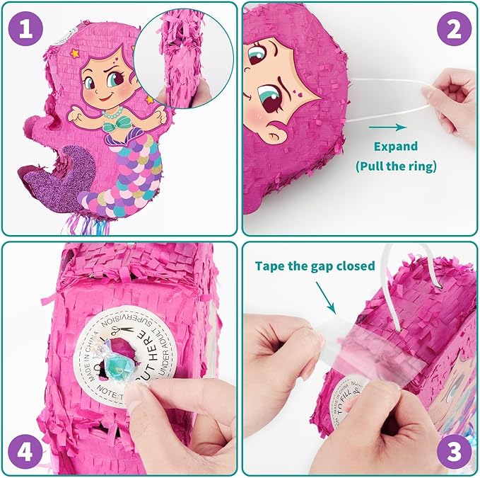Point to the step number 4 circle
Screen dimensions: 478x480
pyautogui.click(x=25, y=450)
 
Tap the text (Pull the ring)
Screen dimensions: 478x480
pyautogui.click(x=395, y=167)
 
